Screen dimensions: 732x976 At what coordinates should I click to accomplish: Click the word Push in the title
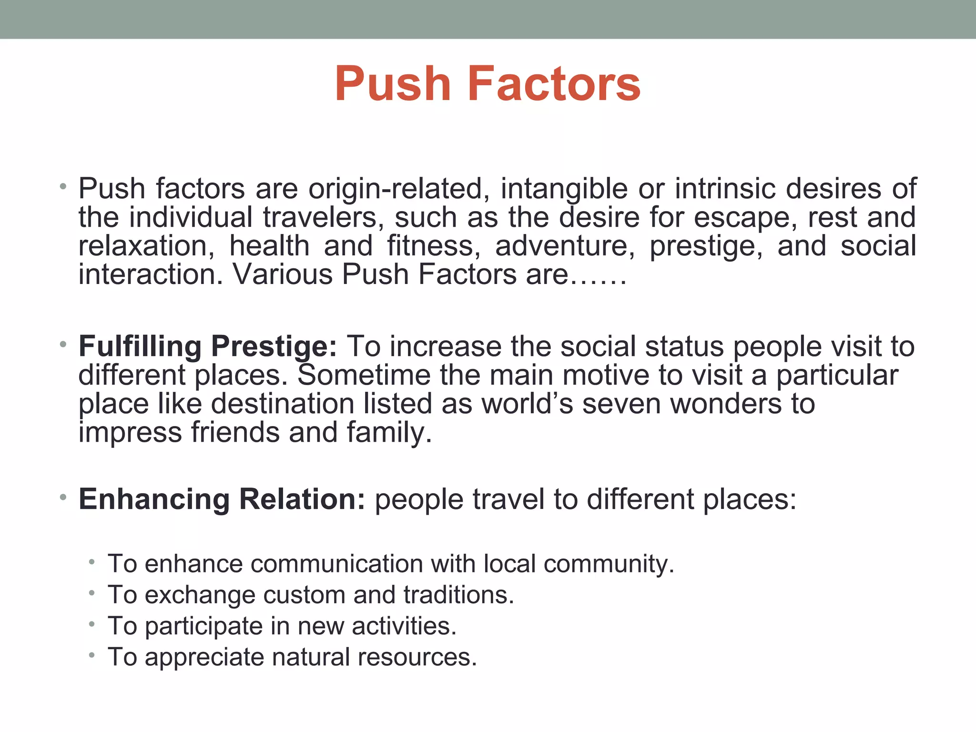[x=393, y=84]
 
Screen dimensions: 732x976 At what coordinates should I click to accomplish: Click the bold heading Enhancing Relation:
[x=222, y=499]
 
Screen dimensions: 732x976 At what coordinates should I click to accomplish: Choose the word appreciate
[x=204, y=657]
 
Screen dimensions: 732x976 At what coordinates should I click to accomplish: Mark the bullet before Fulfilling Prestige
[x=63, y=344]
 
